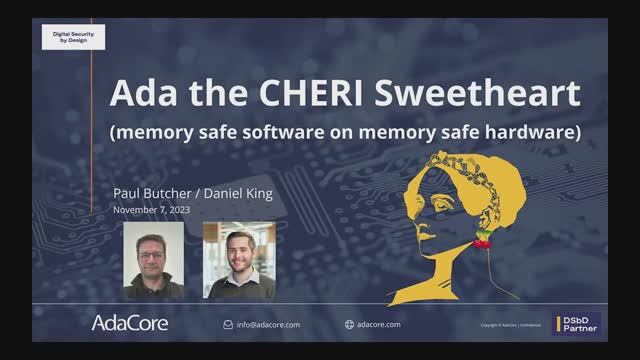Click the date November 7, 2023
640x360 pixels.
pos(151,210)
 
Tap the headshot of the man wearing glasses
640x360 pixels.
pos(153,260)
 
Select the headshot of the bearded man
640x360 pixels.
pos(239,260)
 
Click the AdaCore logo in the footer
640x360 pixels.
pos(130,323)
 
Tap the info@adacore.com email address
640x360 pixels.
pos(268,324)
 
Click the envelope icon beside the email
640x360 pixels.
pos(227,324)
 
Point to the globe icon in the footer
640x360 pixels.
pos(349,324)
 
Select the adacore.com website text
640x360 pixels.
pos(379,324)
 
